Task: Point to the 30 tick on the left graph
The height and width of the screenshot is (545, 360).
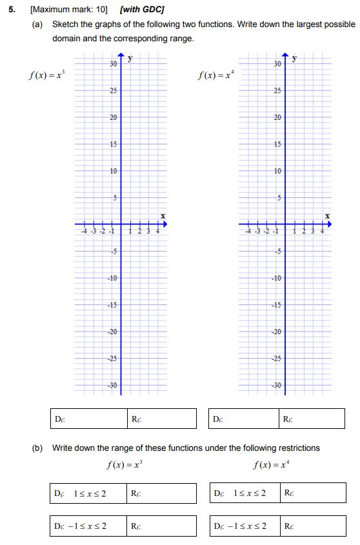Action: coord(113,64)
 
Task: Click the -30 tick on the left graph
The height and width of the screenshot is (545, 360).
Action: coord(112,385)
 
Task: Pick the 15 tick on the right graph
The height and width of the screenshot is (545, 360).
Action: coord(277,144)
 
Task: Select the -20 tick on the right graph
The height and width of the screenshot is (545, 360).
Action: coord(276,332)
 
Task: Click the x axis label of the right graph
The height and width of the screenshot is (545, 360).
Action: coord(327,215)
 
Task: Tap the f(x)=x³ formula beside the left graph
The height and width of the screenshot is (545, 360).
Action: coord(47,76)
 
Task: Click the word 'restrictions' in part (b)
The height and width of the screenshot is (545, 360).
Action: coord(297,448)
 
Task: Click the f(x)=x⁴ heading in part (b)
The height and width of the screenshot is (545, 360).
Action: coord(271,463)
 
